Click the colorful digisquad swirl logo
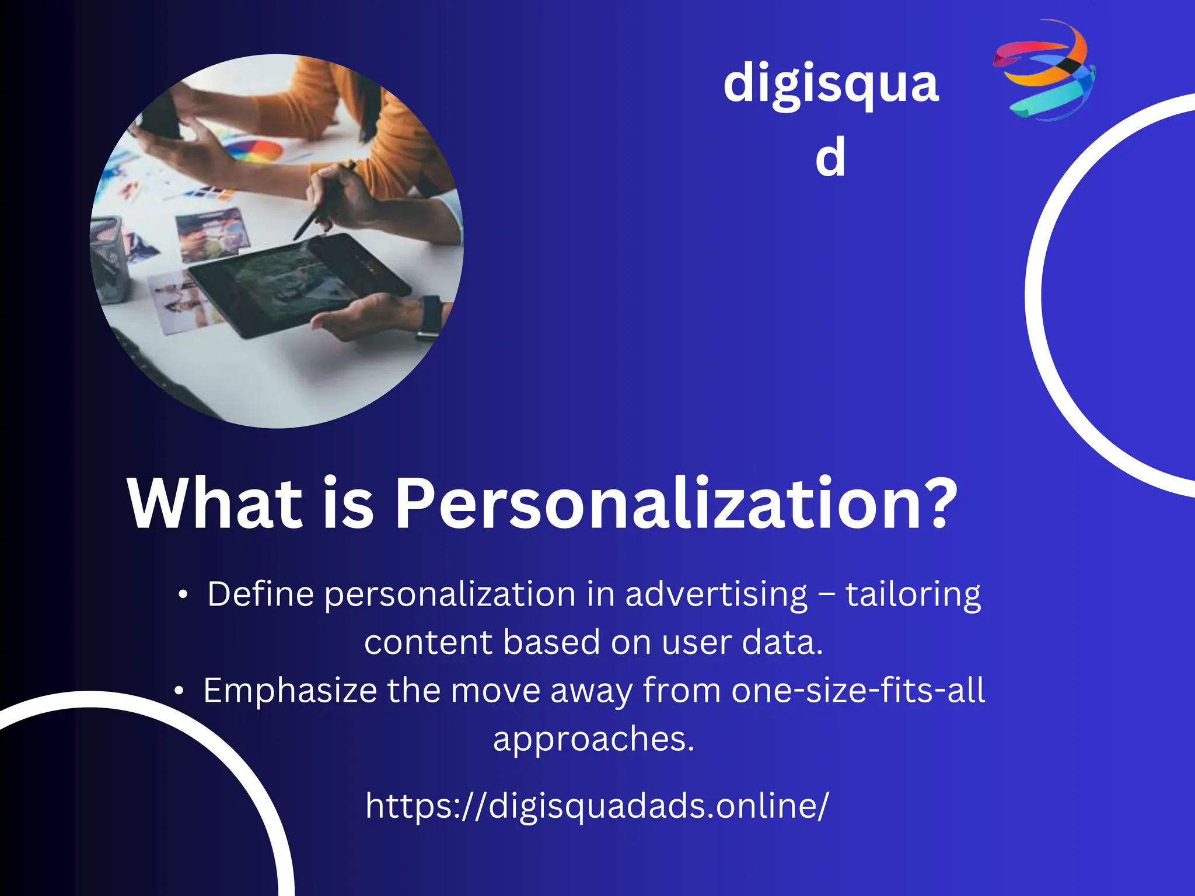(x=1044, y=70)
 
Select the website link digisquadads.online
(x=596, y=806)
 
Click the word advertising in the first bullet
(x=716, y=595)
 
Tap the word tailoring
(x=913, y=595)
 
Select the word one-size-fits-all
(x=858, y=691)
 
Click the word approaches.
(x=593, y=740)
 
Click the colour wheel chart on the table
(x=254, y=149)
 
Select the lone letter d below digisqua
(x=830, y=157)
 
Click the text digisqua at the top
(x=831, y=85)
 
